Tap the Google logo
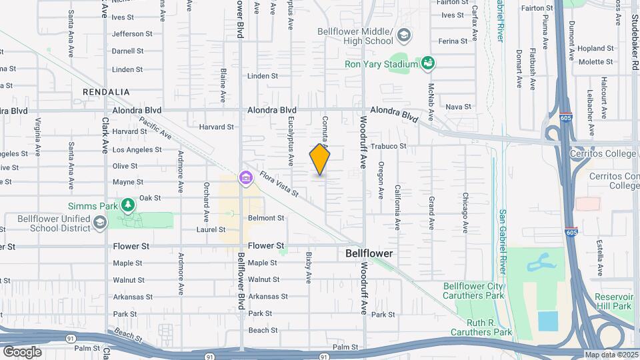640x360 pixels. click(22, 351)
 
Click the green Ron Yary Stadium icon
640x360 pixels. click(429, 63)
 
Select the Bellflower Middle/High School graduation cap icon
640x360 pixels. click(403, 34)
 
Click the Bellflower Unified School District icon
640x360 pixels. click(100, 222)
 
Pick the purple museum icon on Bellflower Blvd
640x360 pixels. click(246, 178)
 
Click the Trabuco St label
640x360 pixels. click(407, 146)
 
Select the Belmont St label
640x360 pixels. click(266, 218)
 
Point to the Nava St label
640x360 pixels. click(458, 107)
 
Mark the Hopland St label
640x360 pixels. click(595, 49)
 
